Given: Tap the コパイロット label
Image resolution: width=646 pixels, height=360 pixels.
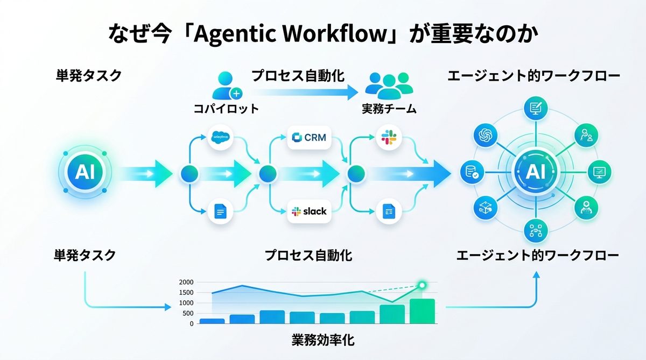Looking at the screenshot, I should click(x=226, y=109).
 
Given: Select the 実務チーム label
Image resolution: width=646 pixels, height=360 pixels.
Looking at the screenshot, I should click(x=389, y=109).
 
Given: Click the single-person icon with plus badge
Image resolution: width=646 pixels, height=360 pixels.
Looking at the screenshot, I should click(x=226, y=86).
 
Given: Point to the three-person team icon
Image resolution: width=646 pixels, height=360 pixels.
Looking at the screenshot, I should click(x=389, y=85).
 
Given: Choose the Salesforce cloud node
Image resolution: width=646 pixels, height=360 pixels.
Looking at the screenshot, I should click(x=221, y=138).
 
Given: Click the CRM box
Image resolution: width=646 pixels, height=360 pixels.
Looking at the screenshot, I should click(x=309, y=138).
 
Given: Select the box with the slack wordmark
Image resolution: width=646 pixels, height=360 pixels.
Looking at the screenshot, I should click(x=309, y=211).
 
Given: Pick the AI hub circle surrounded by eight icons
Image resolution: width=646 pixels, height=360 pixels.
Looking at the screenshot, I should click(x=535, y=172).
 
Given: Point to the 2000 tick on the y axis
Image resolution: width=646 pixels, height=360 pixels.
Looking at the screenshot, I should click(x=186, y=283).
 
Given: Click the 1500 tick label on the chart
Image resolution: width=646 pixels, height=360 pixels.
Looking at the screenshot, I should click(x=186, y=293).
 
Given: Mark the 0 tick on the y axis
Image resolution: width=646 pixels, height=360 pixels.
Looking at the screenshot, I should click(x=191, y=323).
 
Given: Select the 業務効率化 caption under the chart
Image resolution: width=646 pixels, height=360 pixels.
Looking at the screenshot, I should click(x=323, y=340).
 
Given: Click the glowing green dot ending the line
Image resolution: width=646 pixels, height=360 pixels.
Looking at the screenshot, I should click(x=422, y=285).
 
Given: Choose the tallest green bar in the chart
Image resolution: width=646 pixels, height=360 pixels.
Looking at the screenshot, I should click(x=422, y=312).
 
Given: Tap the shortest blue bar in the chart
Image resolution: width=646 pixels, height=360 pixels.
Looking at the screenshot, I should click(x=212, y=321).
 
